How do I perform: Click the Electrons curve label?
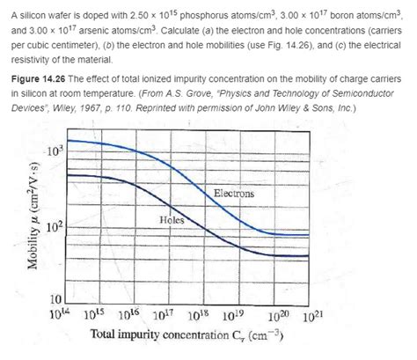click(235, 192)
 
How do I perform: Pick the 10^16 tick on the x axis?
click(129, 313)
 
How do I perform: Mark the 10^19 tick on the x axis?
click(236, 313)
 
